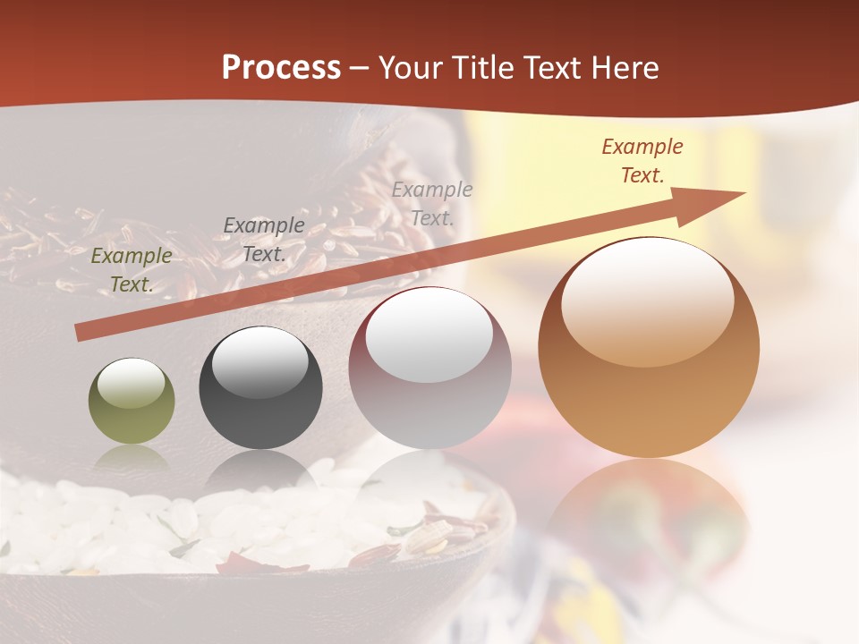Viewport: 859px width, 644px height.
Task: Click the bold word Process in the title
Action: pyautogui.click(x=281, y=67)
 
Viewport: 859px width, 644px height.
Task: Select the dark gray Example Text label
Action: pyautogui.click(x=263, y=240)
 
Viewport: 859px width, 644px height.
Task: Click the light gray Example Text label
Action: pyautogui.click(x=432, y=204)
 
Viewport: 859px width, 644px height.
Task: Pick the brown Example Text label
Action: pyautogui.click(x=642, y=161)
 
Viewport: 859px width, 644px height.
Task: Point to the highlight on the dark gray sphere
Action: pyautogui.click(x=259, y=360)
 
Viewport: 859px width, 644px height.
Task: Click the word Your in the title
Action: pyautogui.click(x=412, y=67)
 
